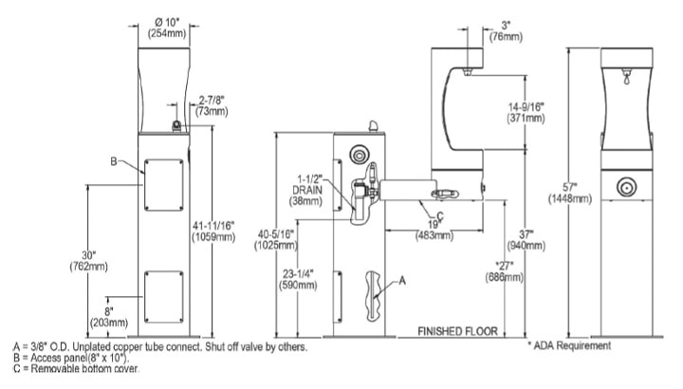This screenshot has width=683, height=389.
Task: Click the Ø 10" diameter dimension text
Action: (163, 22)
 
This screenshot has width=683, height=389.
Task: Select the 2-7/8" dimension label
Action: (211, 99)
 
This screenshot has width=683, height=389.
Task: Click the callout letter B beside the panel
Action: (112, 162)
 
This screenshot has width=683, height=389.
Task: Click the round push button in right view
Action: (625, 188)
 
